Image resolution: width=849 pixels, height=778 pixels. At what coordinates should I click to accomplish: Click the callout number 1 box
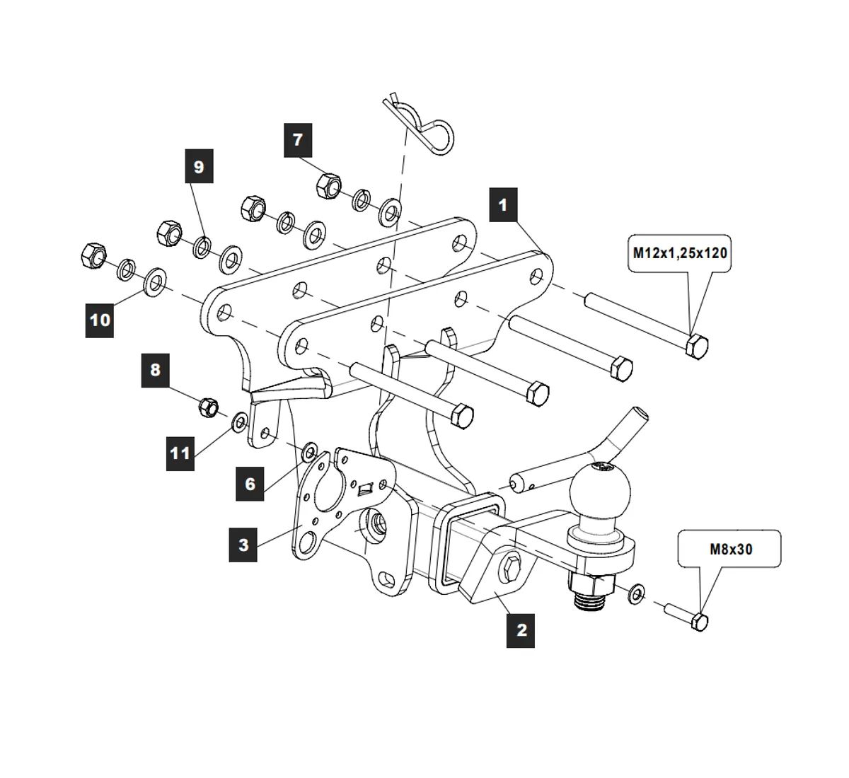503,205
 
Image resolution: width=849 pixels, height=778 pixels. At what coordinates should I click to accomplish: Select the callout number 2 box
521,629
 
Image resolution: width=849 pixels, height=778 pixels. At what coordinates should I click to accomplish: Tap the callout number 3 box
243,545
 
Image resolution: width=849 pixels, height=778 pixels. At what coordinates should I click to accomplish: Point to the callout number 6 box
250,484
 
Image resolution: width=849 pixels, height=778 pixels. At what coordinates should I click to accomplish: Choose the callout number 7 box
298,139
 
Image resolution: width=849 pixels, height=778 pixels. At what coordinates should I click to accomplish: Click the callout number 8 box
155,369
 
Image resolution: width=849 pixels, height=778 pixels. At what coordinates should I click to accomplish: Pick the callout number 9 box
199,166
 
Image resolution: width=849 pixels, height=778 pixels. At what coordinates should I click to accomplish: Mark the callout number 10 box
100,320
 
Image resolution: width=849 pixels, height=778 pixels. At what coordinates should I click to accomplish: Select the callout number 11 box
180,453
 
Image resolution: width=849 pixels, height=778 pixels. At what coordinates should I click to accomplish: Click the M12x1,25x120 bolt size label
679,252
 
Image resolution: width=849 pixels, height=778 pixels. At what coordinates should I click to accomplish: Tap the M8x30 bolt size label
730,548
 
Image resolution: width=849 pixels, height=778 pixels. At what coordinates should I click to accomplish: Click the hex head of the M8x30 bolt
700,622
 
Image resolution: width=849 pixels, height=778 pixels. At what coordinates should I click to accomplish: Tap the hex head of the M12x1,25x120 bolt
697,346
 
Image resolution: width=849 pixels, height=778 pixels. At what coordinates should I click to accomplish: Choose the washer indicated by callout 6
310,451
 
